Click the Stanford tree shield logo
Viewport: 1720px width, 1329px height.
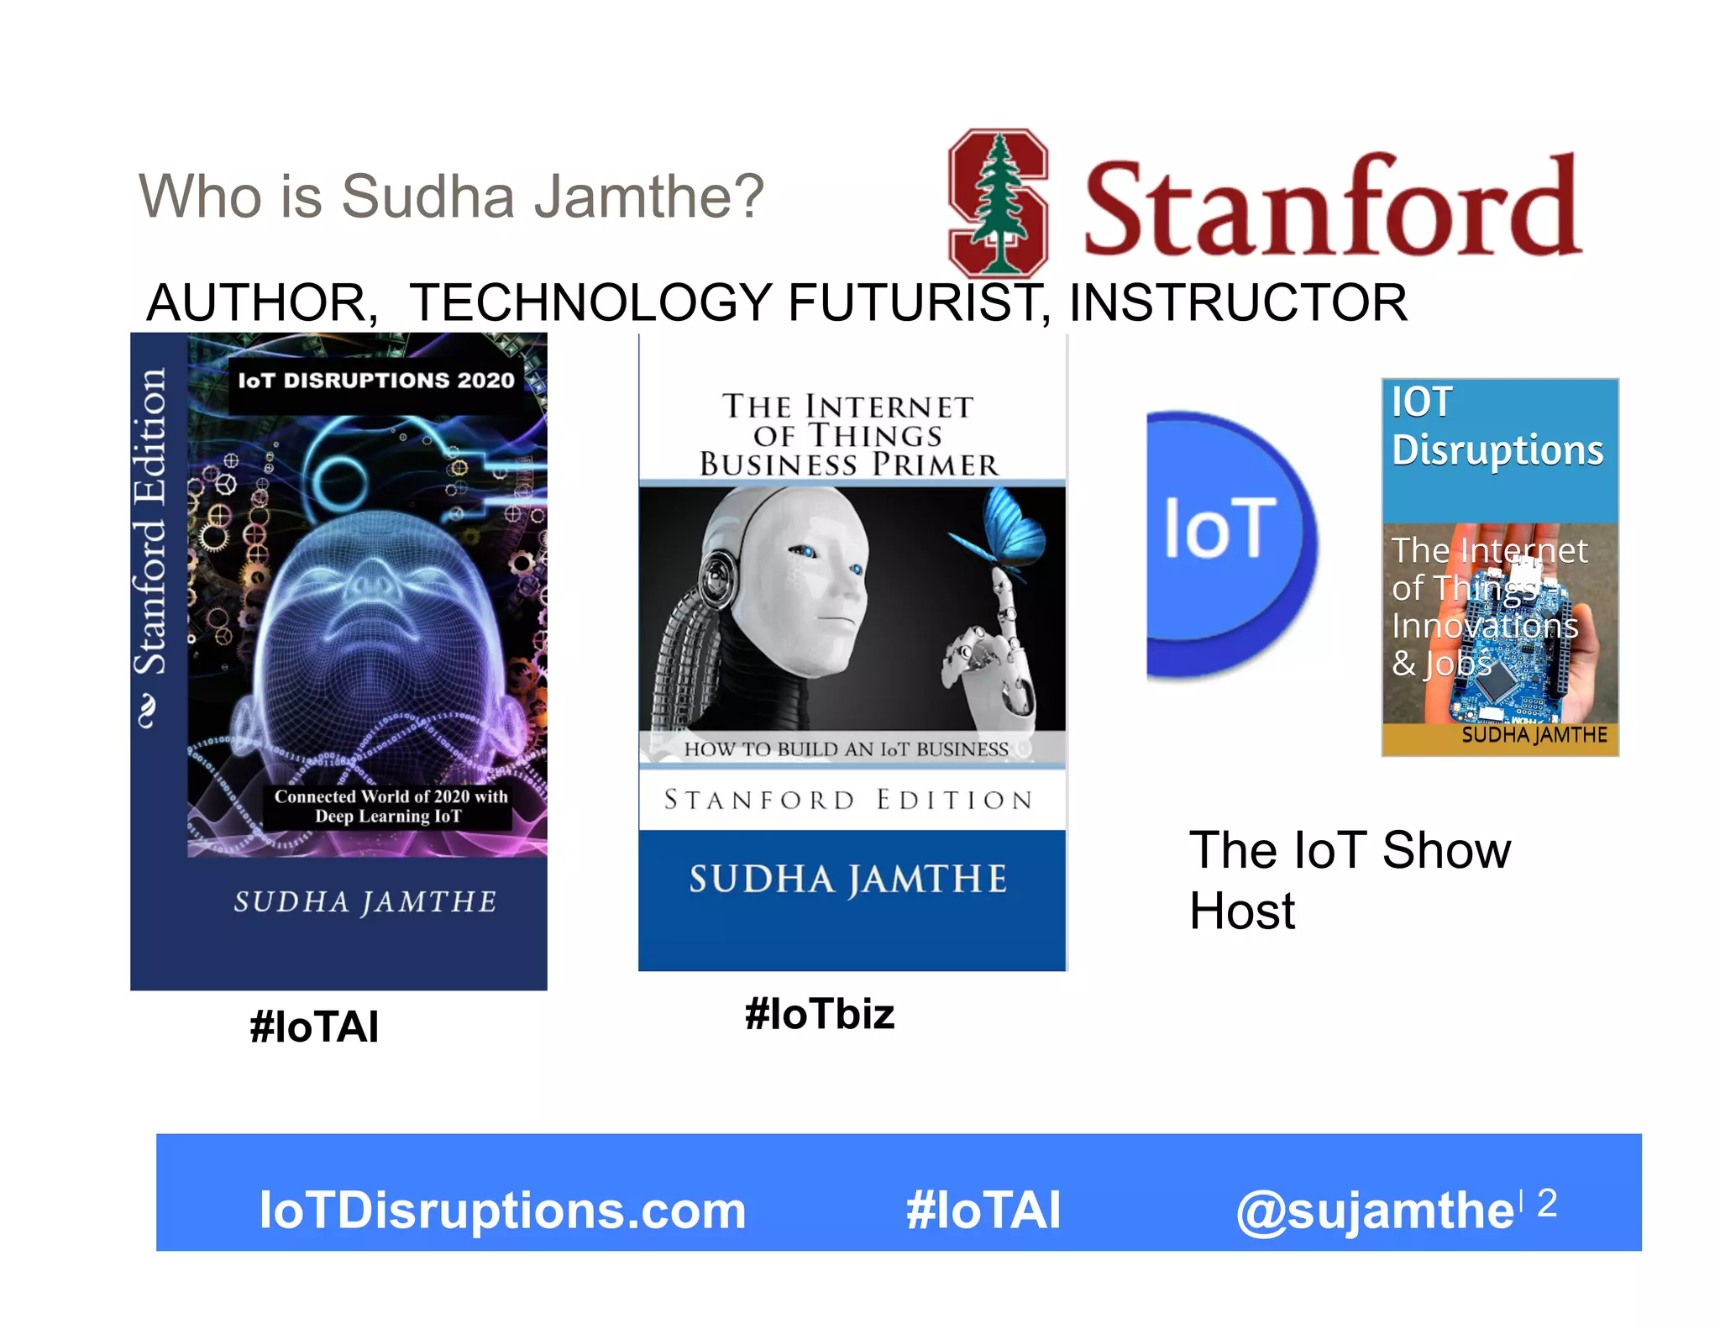click(x=998, y=202)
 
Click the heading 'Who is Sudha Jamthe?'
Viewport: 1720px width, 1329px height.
click(x=451, y=197)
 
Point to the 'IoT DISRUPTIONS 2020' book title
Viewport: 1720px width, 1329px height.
click(x=375, y=381)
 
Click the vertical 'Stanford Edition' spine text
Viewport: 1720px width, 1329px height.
click(x=151, y=521)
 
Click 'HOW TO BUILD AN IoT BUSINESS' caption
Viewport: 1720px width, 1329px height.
click(x=846, y=749)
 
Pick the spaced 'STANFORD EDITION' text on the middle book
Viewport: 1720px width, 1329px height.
click(x=848, y=799)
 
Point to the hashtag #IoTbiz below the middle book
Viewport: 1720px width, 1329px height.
click(x=820, y=1014)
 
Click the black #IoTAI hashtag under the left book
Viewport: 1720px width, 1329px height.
click(x=314, y=1027)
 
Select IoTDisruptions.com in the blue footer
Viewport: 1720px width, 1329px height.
click(x=502, y=1211)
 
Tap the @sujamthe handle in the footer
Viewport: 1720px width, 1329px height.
click(x=1374, y=1211)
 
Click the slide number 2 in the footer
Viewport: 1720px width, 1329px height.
click(x=1547, y=1202)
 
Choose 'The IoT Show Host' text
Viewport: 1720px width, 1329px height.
click(x=1349, y=880)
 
